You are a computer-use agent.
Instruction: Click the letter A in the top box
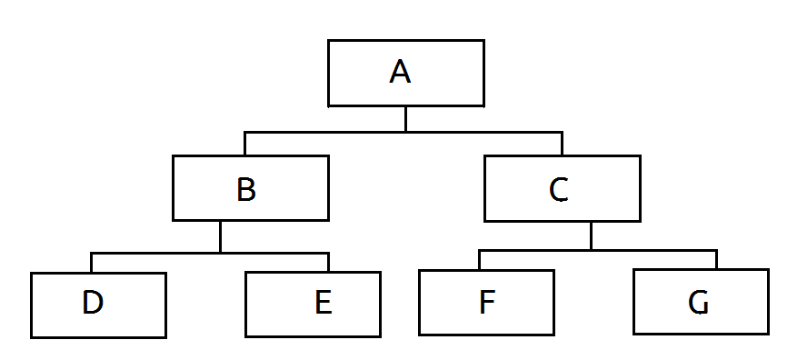coord(400,72)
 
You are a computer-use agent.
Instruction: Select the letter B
coord(246,189)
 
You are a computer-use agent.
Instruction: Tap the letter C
coord(559,190)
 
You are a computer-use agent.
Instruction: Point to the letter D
coord(93,302)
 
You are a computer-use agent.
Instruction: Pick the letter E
coord(324,302)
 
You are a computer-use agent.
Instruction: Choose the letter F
coord(487,302)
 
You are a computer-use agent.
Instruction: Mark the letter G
coord(698,303)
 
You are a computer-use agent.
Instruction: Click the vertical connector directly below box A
coord(405,119)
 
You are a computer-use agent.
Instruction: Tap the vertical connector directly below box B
coord(220,236)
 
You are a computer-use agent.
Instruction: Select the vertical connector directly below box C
coord(591,236)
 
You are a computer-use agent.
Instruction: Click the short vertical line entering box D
coord(91,263)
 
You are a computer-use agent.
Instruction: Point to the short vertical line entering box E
coord(328,263)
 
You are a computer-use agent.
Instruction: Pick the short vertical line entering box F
coord(479,260)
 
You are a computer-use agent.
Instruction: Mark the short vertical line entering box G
coord(716,260)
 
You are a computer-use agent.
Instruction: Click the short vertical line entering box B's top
coord(244,144)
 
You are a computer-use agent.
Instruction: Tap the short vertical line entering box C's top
coord(562,144)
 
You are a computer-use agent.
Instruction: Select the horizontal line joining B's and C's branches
coord(403,132)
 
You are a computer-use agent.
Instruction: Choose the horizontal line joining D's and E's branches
coord(209,253)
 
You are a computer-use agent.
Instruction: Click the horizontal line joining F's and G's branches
coord(597,250)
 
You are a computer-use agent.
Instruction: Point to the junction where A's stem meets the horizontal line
coord(405,132)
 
